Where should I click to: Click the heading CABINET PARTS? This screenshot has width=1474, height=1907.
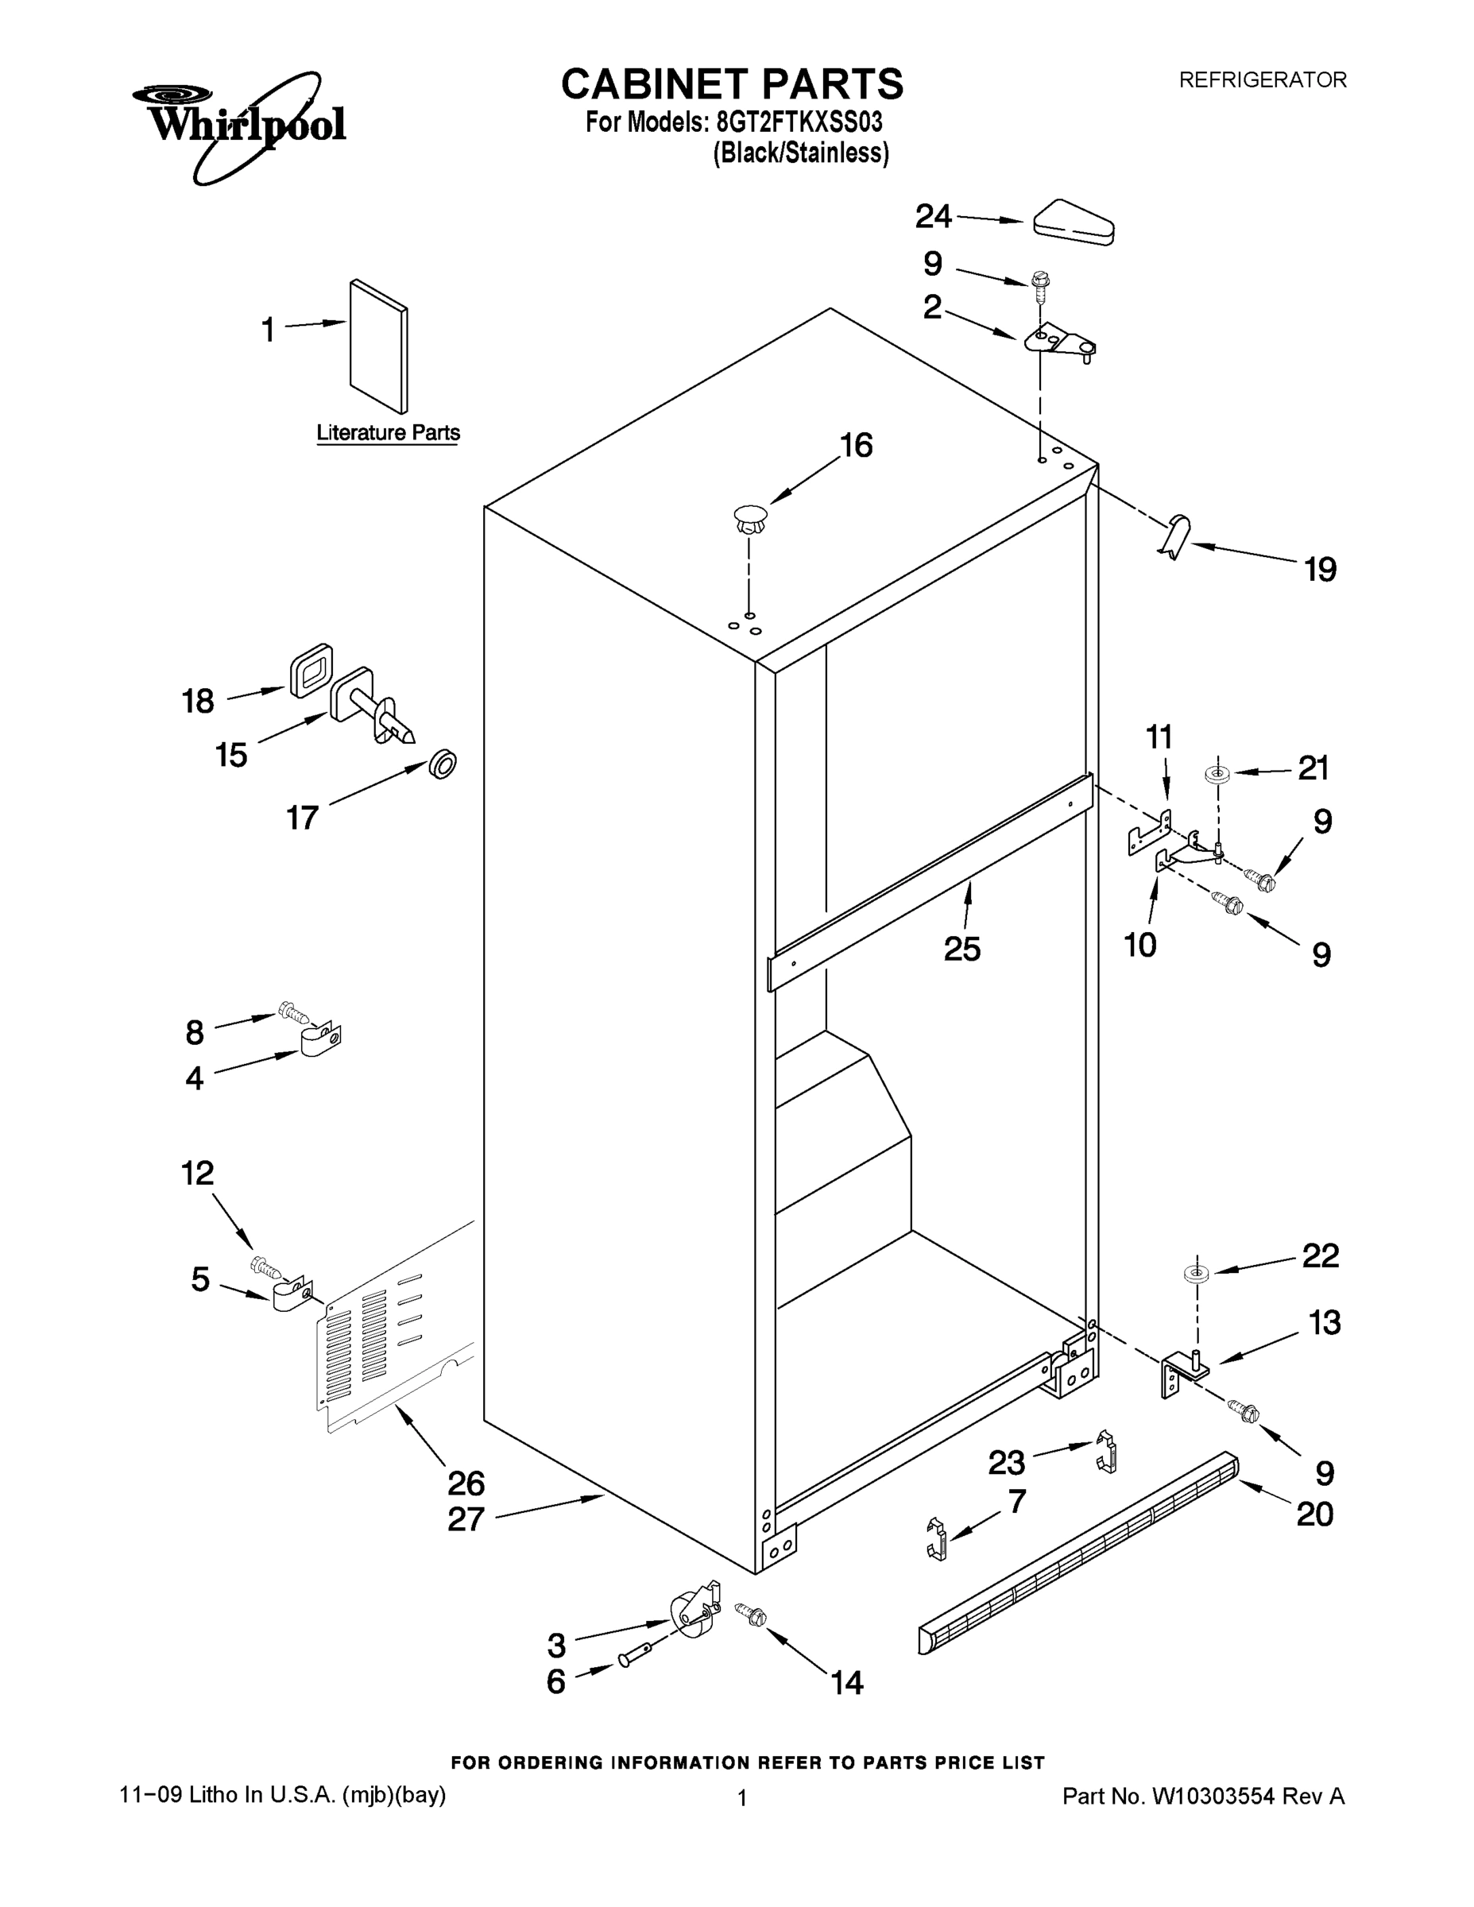point(732,85)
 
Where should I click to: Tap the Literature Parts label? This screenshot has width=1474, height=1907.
point(388,433)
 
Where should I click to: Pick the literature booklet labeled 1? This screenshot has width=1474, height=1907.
point(378,346)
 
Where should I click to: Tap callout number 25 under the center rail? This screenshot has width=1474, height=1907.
point(961,950)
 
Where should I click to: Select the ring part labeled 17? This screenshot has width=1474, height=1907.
point(443,764)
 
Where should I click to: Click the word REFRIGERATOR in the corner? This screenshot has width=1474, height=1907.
point(1262,80)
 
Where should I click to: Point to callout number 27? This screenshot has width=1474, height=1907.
point(466,1519)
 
